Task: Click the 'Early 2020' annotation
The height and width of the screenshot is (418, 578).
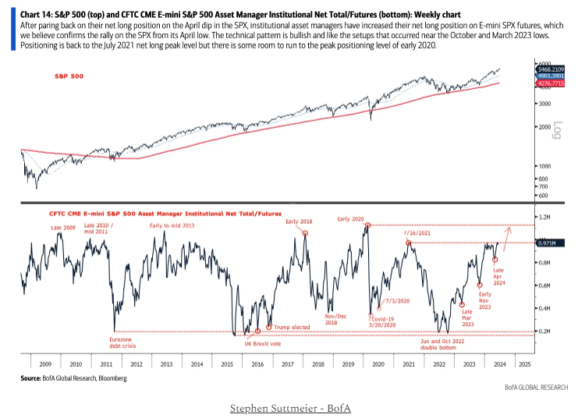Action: pyautogui.click(x=350, y=219)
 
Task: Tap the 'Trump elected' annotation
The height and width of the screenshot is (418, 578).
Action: pyautogui.click(x=288, y=328)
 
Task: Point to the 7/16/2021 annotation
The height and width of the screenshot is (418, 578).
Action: pyautogui.click(x=417, y=232)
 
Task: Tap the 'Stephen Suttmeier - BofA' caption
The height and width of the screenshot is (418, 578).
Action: pyautogui.click(x=289, y=408)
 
